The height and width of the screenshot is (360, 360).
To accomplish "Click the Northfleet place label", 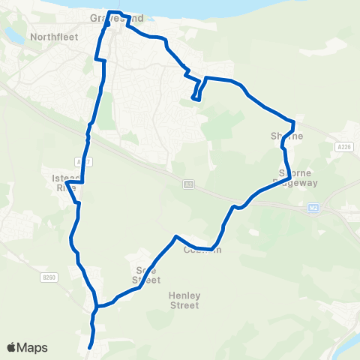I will (x=50, y=35).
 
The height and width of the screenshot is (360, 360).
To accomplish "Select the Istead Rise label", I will (x=64, y=183).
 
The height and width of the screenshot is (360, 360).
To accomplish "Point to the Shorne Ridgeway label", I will (x=298, y=177).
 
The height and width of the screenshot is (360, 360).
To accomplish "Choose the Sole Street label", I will (x=146, y=274).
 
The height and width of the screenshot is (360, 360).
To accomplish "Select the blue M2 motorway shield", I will (x=314, y=208).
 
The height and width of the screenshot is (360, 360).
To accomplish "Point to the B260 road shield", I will (x=49, y=277).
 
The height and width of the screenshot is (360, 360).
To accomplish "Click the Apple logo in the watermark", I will (x=12, y=347).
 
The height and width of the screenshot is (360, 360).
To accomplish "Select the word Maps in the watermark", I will (x=32, y=347).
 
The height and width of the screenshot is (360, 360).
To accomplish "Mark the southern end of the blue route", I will (x=90, y=347).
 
